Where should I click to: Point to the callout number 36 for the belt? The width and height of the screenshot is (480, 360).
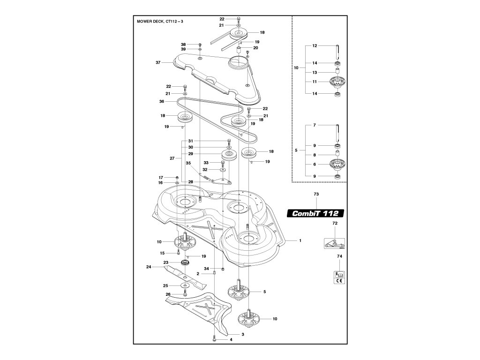pos(162,101)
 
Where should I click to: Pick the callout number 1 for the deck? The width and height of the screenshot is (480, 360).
pos(300,240)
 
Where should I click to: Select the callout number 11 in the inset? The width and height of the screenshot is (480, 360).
pos(315,82)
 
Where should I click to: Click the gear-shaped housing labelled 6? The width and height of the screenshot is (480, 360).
pos(337,165)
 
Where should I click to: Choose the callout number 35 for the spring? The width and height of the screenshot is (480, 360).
pos(188,163)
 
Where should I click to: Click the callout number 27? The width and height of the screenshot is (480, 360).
pos(172,158)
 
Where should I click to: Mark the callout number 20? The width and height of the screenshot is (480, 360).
pos(255,48)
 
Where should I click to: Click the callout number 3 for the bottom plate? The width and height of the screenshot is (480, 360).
pos(243,334)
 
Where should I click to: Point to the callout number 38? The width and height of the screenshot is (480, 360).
pos(183,44)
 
